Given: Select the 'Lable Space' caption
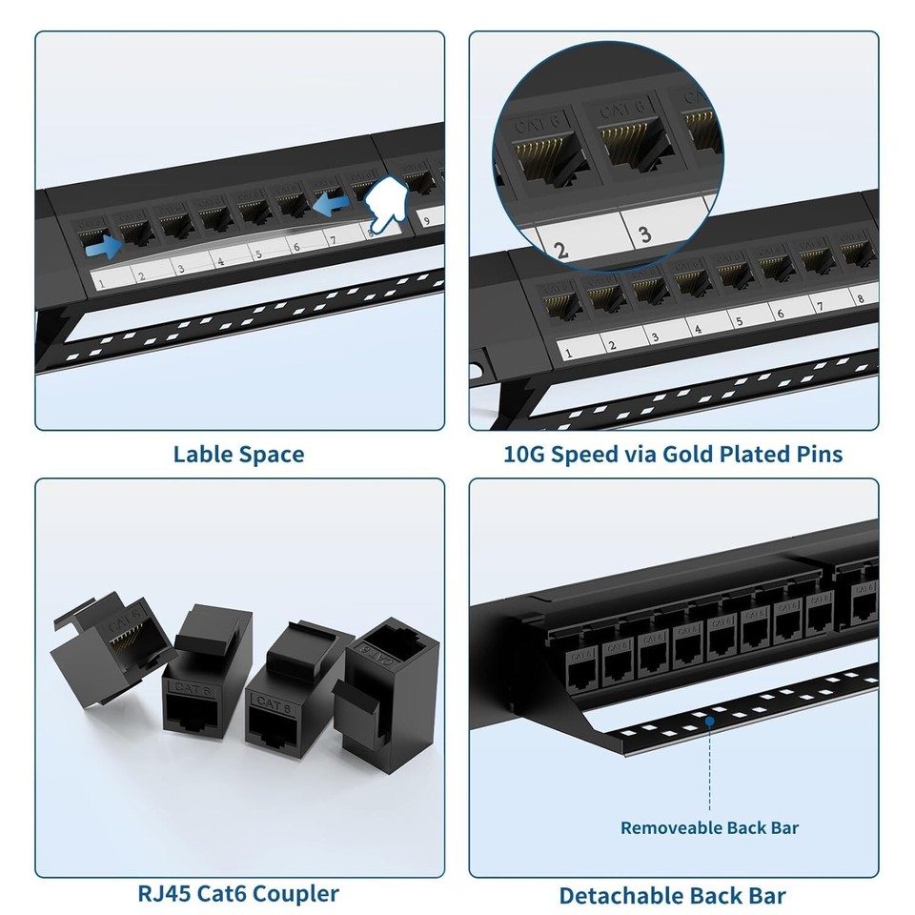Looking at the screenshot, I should tap(238, 454).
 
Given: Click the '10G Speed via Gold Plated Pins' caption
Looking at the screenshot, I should tap(673, 454).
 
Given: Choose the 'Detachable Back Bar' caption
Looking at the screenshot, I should tap(673, 895).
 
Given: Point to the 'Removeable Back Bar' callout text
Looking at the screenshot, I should tap(709, 827).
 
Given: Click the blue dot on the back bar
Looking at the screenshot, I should tap(710, 722).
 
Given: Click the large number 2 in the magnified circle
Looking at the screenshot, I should tap(560, 250).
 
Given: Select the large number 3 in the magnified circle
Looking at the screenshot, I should tap(645, 234).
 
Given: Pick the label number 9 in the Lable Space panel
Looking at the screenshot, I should tap(426, 219).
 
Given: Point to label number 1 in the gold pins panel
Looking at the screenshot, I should tap(569, 353).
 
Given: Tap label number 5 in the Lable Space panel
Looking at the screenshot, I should tap(256, 254).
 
